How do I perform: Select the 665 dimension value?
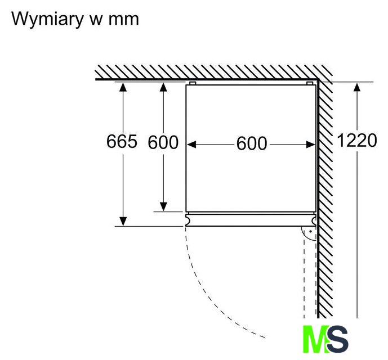(121, 142)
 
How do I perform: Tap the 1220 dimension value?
(356, 141)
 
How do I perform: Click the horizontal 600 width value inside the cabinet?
(251, 144)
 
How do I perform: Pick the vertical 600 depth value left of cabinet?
(163, 142)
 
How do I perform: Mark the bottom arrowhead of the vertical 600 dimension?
(163, 206)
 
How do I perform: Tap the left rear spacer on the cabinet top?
(193, 83)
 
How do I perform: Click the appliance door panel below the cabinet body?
(251, 220)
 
